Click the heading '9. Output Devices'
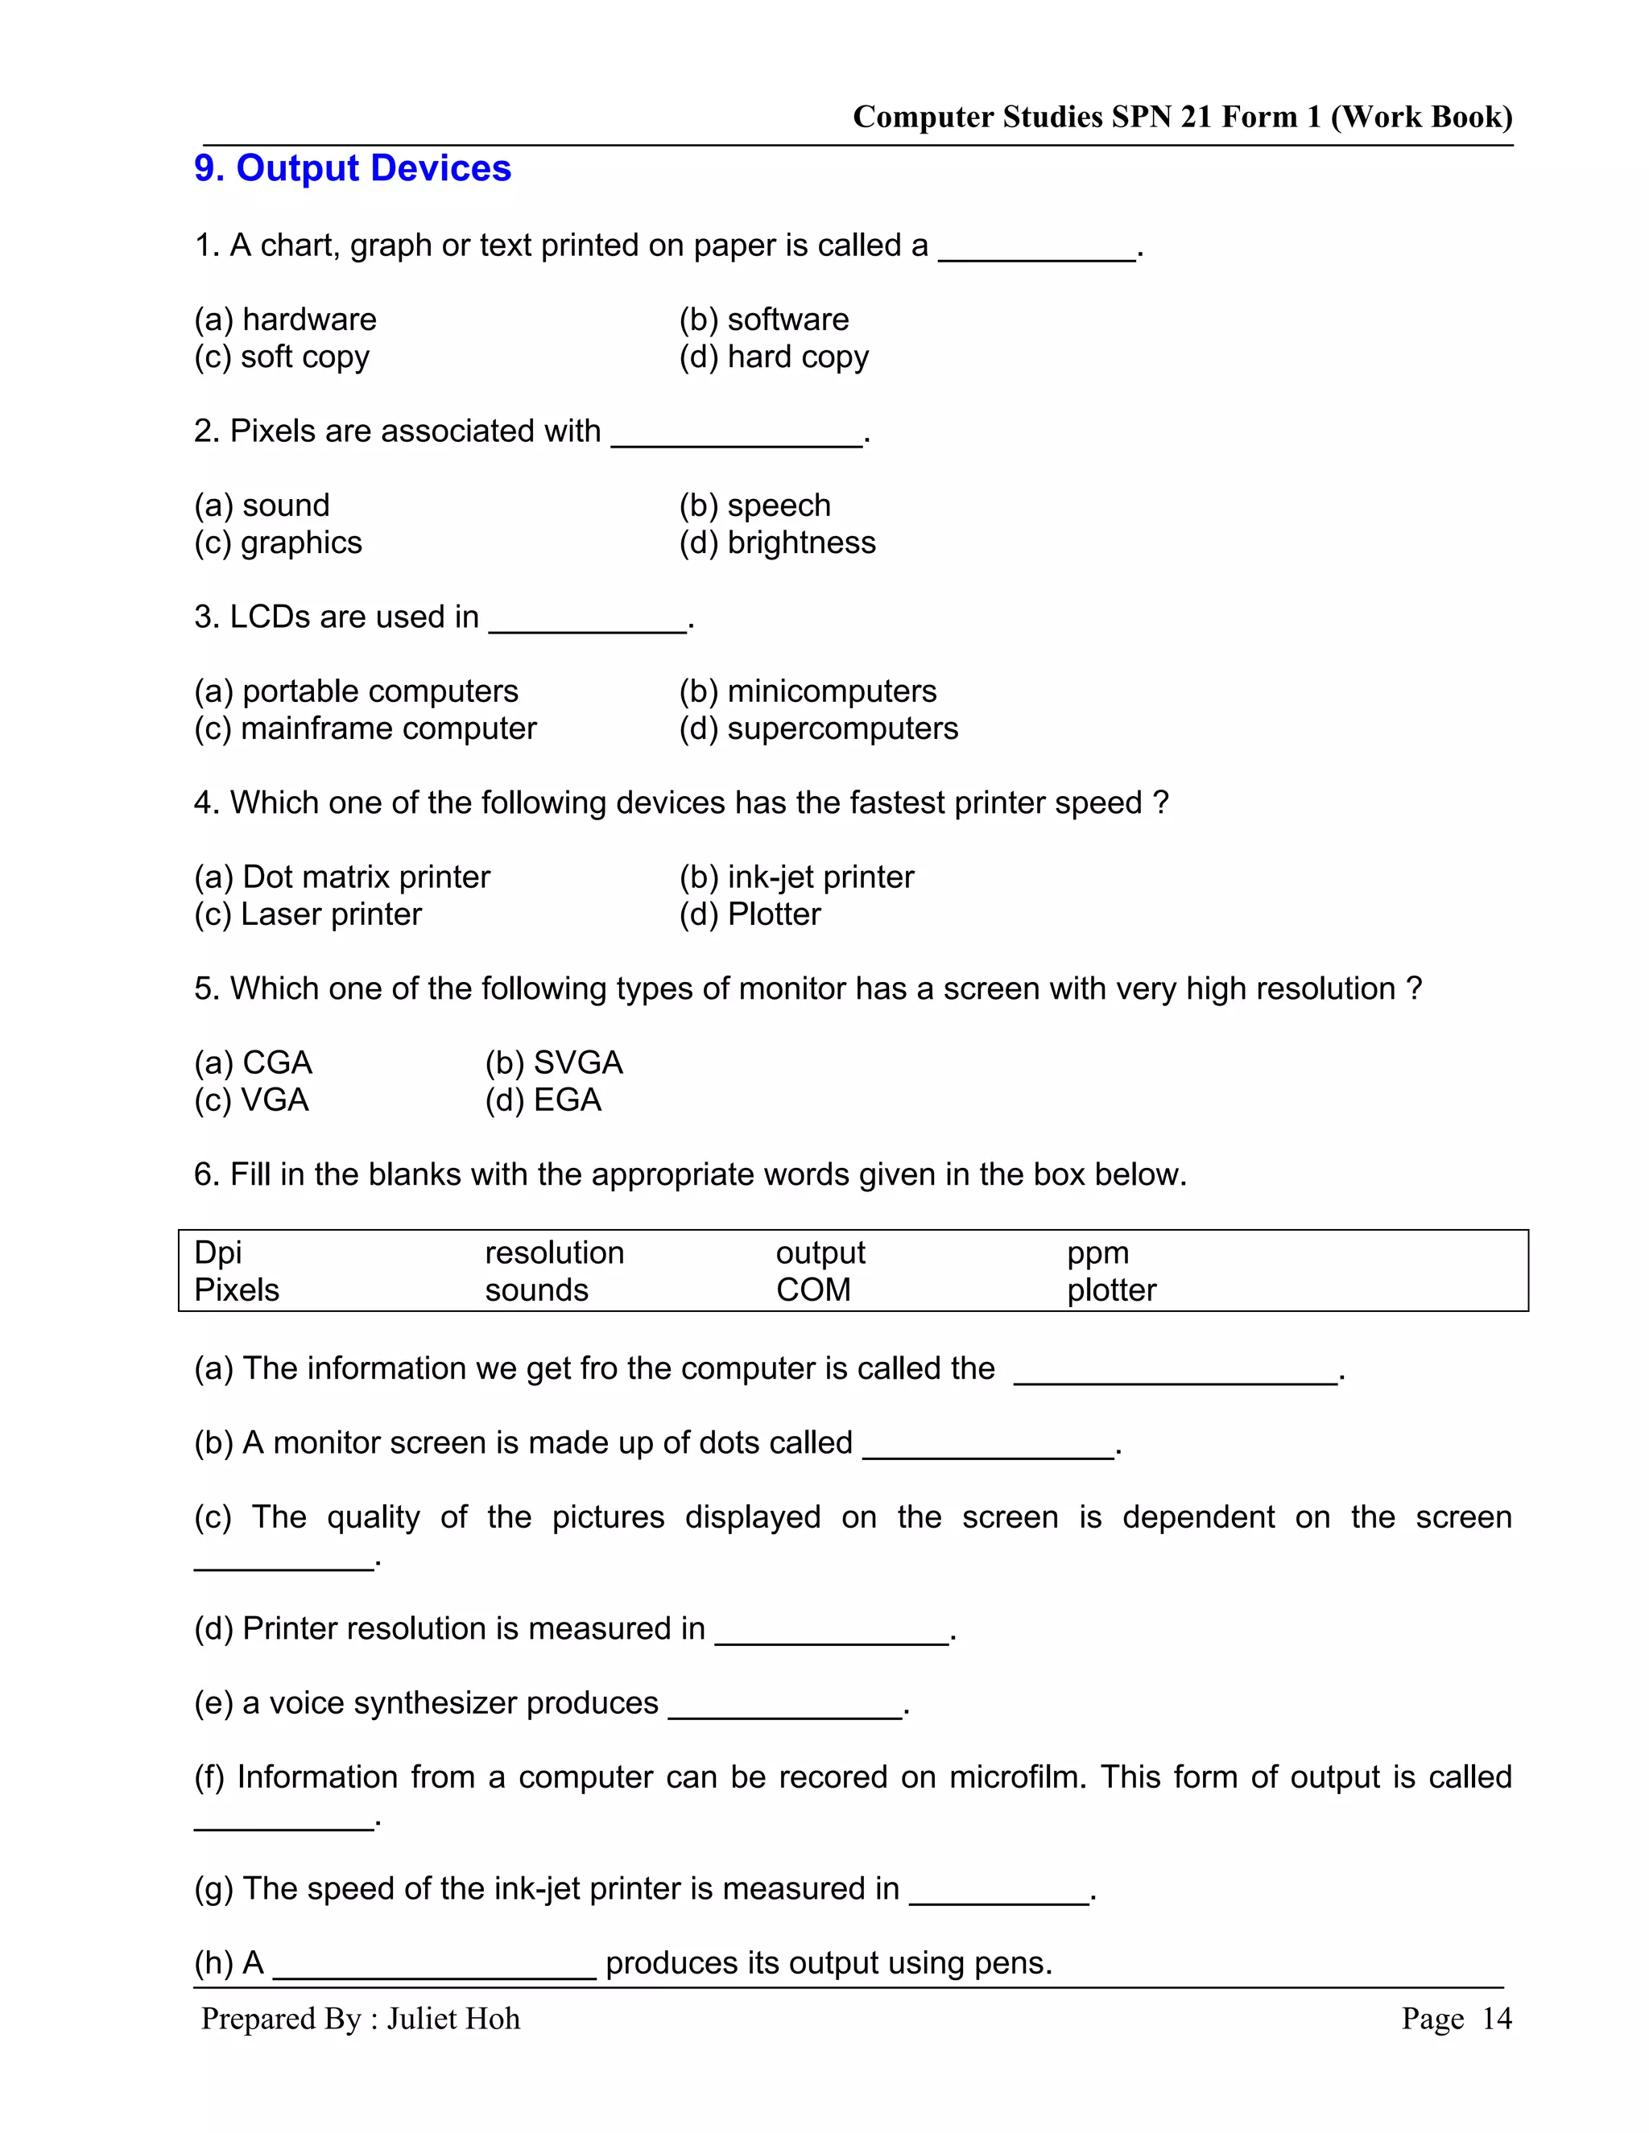(353, 168)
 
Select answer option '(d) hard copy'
(773, 357)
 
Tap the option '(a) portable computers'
(356, 691)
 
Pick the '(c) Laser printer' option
(308, 914)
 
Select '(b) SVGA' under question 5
(553, 1062)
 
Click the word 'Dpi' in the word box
(218, 1252)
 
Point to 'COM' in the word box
(812, 1289)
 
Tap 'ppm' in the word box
(1097, 1252)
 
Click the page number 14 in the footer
(1497, 2019)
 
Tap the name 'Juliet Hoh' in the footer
(453, 2019)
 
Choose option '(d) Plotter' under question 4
(750, 914)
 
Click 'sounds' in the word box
(536, 1289)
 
